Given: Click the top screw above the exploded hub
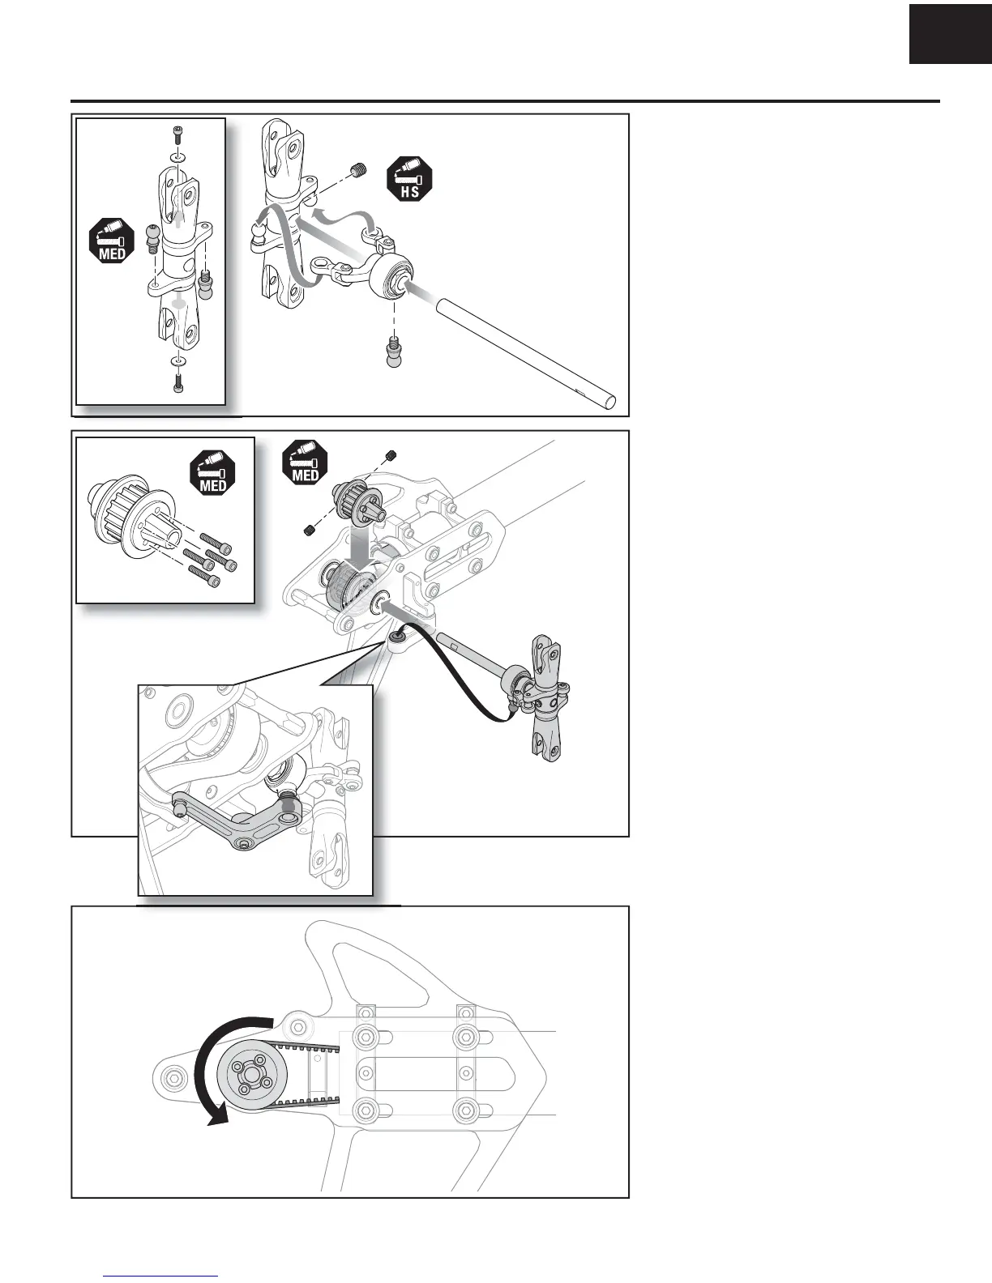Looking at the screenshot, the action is [x=178, y=134].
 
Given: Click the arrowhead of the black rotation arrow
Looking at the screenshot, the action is [x=217, y=1117].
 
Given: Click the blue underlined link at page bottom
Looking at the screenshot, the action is [x=161, y=1276].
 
